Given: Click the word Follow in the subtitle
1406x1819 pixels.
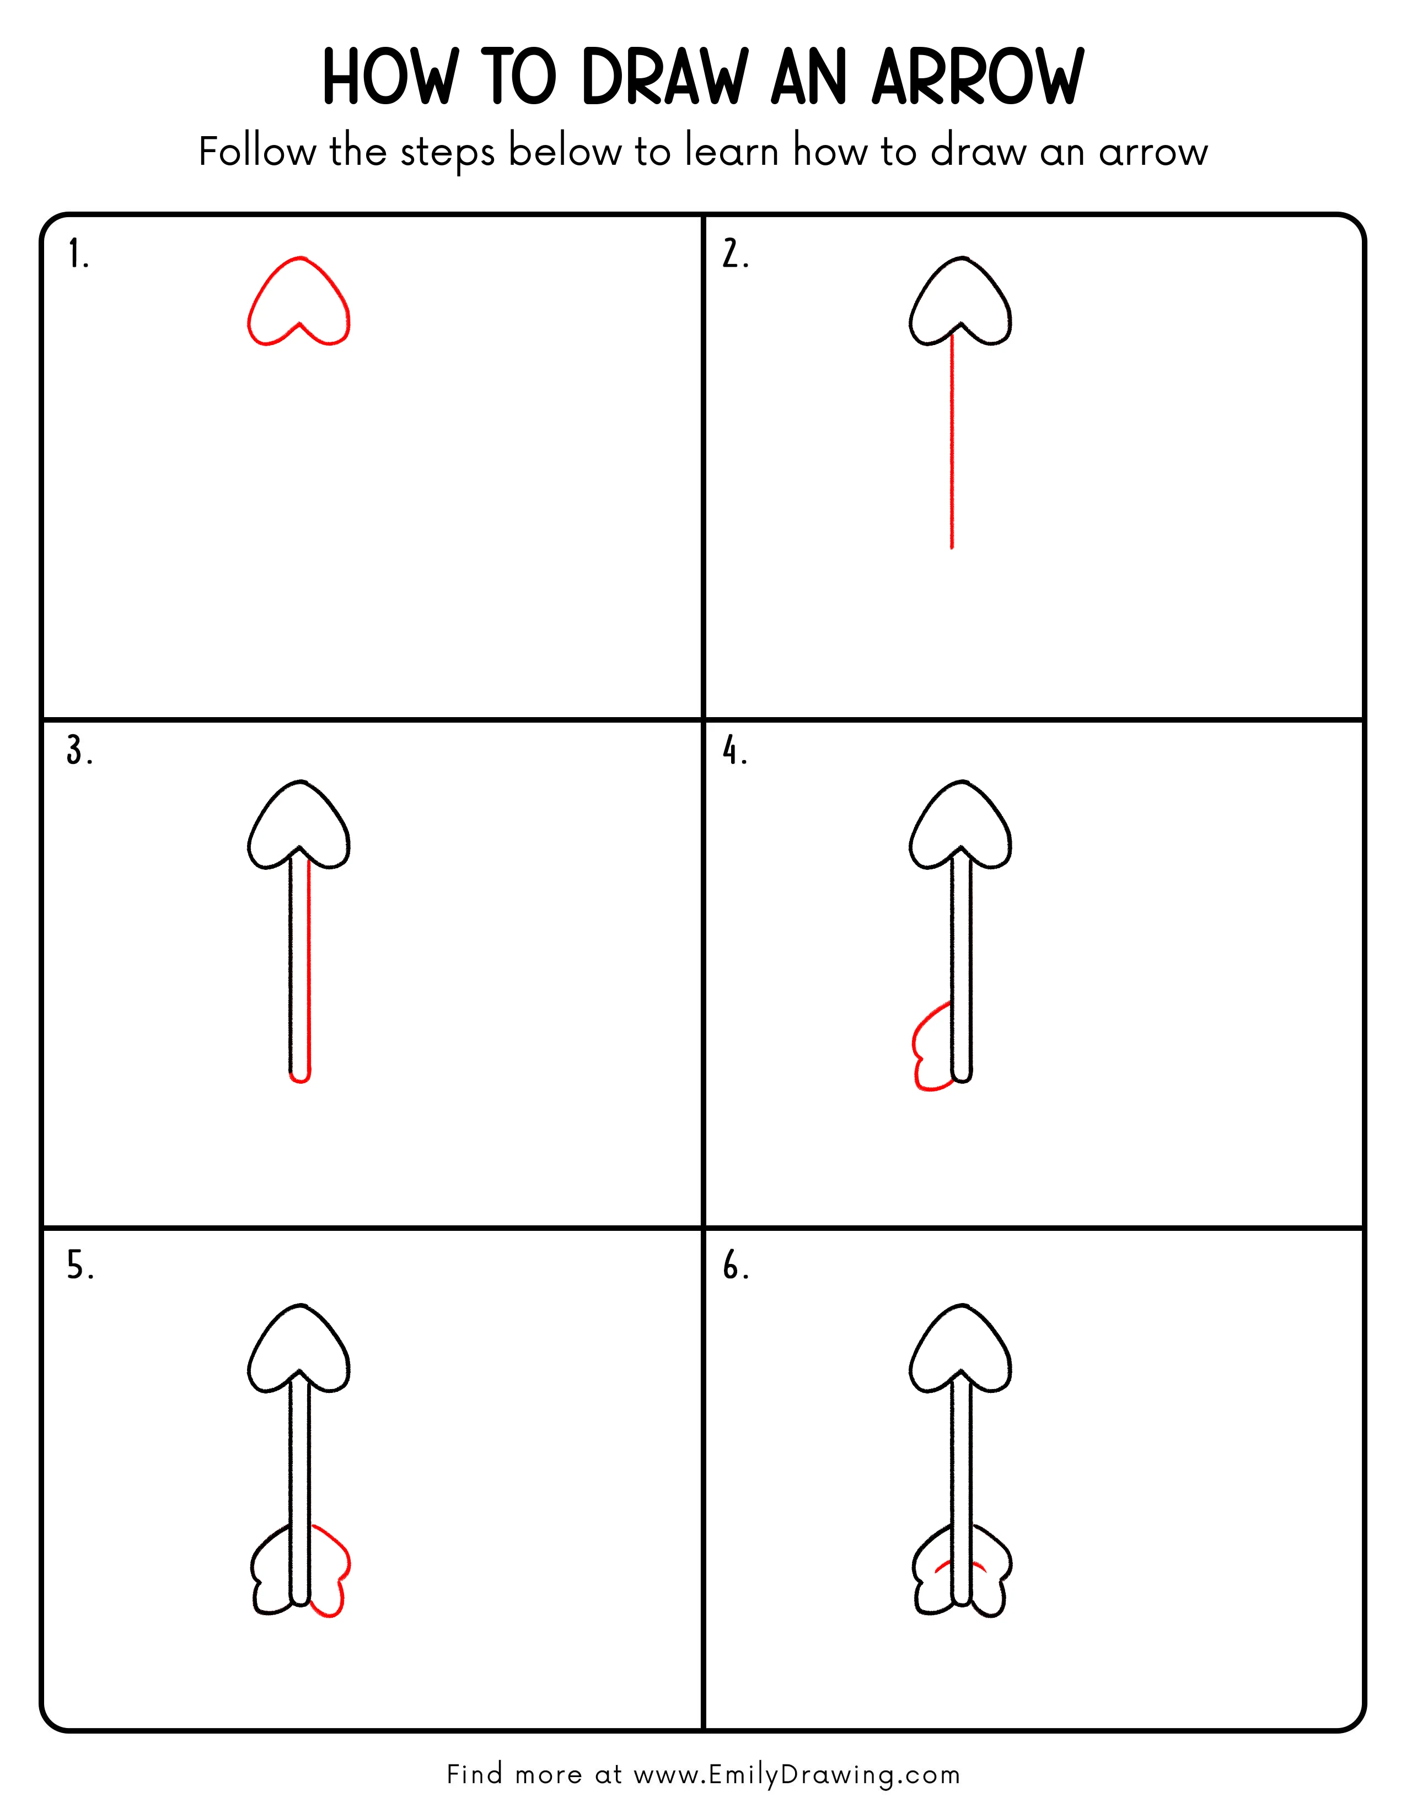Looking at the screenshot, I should [257, 153].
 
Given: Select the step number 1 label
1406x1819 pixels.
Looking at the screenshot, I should [78, 254].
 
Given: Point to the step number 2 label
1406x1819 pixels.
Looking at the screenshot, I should [734, 254].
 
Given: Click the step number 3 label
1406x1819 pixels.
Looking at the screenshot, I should [79, 751].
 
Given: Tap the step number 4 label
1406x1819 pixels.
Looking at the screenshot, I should [734, 751].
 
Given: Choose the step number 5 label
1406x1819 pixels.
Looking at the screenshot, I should [80, 1266].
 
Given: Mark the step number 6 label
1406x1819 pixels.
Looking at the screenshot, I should [736, 1266].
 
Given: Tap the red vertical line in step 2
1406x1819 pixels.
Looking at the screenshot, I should [952, 442].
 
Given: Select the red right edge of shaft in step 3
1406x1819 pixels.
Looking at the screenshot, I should [309, 966].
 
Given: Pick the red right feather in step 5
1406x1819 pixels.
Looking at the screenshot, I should [336, 1566].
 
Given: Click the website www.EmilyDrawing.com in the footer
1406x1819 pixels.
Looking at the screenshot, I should [796, 1775].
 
